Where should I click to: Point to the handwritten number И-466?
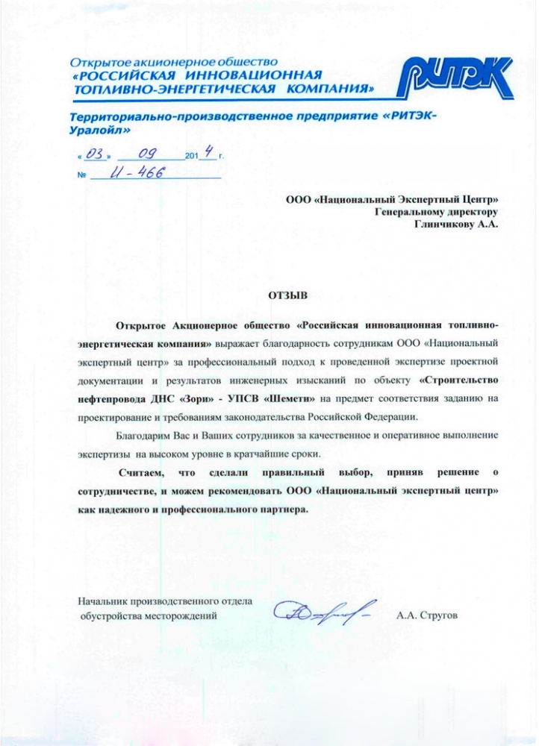click(x=137, y=175)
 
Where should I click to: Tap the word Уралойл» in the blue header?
click(x=99, y=129)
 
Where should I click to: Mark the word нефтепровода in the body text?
click(x=113, y=399)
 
